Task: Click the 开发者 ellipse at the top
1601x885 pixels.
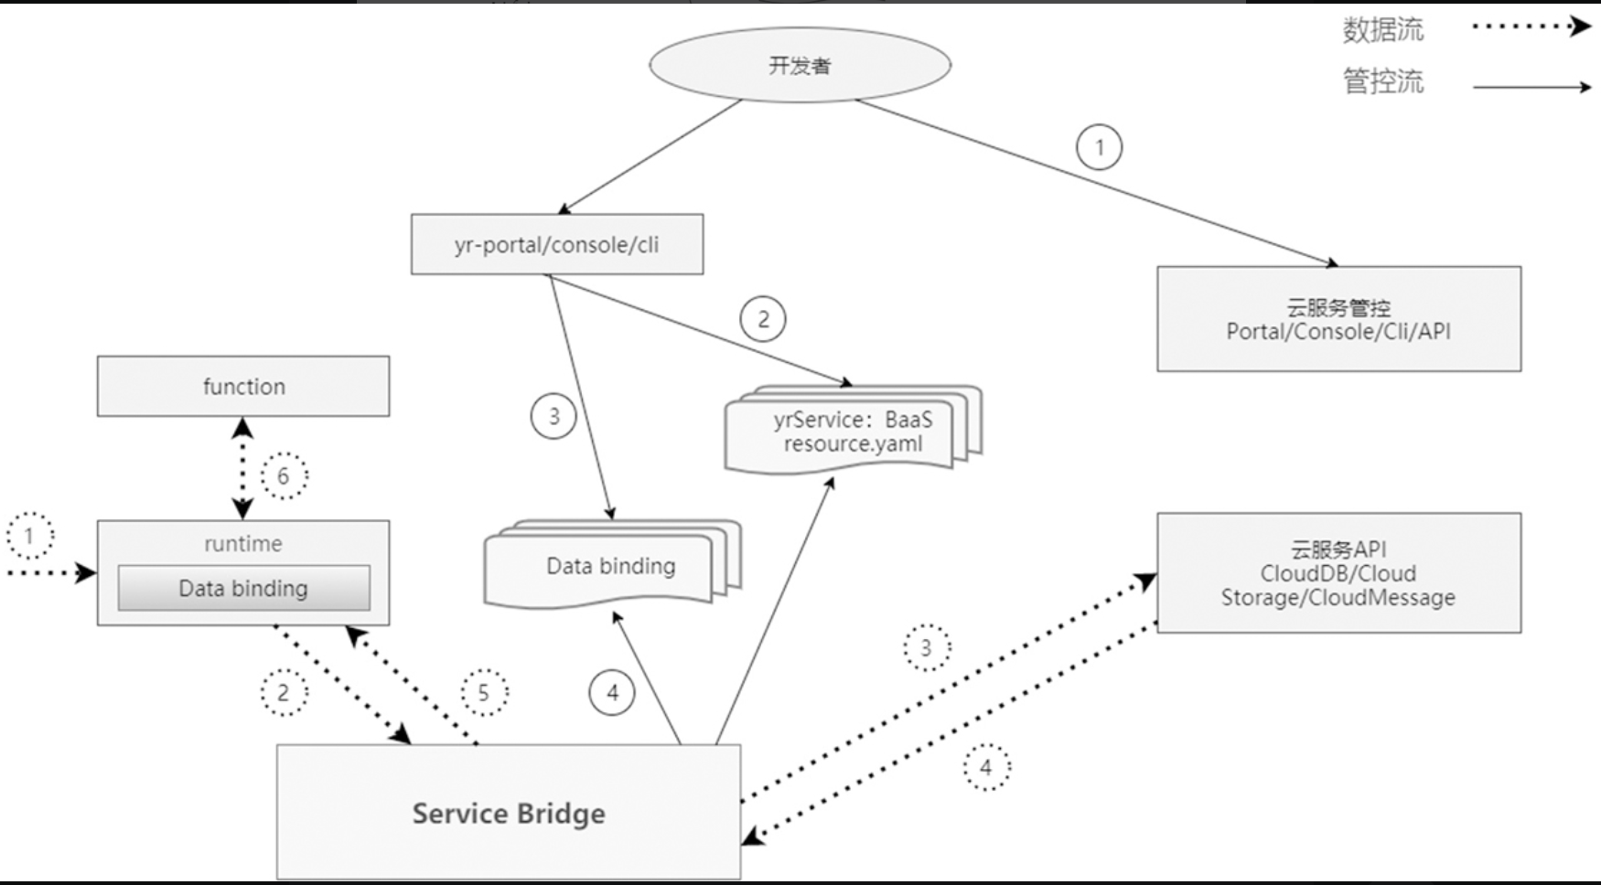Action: point(800,65)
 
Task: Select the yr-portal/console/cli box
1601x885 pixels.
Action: point(556,244)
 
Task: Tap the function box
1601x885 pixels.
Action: point(243,386)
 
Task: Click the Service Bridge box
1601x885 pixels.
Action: point(509,813)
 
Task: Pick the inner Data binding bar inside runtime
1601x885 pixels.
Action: point(243,588)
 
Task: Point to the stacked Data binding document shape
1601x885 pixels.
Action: point(610,567)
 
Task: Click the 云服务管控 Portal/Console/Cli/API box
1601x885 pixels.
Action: point(1338,319)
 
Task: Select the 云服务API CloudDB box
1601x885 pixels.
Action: point(1338,572)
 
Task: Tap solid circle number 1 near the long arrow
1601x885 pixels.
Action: point(1099,147)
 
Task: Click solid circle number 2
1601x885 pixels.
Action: point(762,319)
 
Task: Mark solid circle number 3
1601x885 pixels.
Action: point(553,416)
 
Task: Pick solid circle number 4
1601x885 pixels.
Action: point(612,692)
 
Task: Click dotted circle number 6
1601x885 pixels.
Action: point(284,475)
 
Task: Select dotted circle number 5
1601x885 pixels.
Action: point(484,692)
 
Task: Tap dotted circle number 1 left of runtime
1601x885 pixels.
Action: point(30,536)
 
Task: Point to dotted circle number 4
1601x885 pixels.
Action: point(986,767)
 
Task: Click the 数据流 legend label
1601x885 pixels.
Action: point(1382,29)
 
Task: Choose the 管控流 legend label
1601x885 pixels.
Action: point(1382,81)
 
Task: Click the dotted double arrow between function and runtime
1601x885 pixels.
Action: point(242,468)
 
